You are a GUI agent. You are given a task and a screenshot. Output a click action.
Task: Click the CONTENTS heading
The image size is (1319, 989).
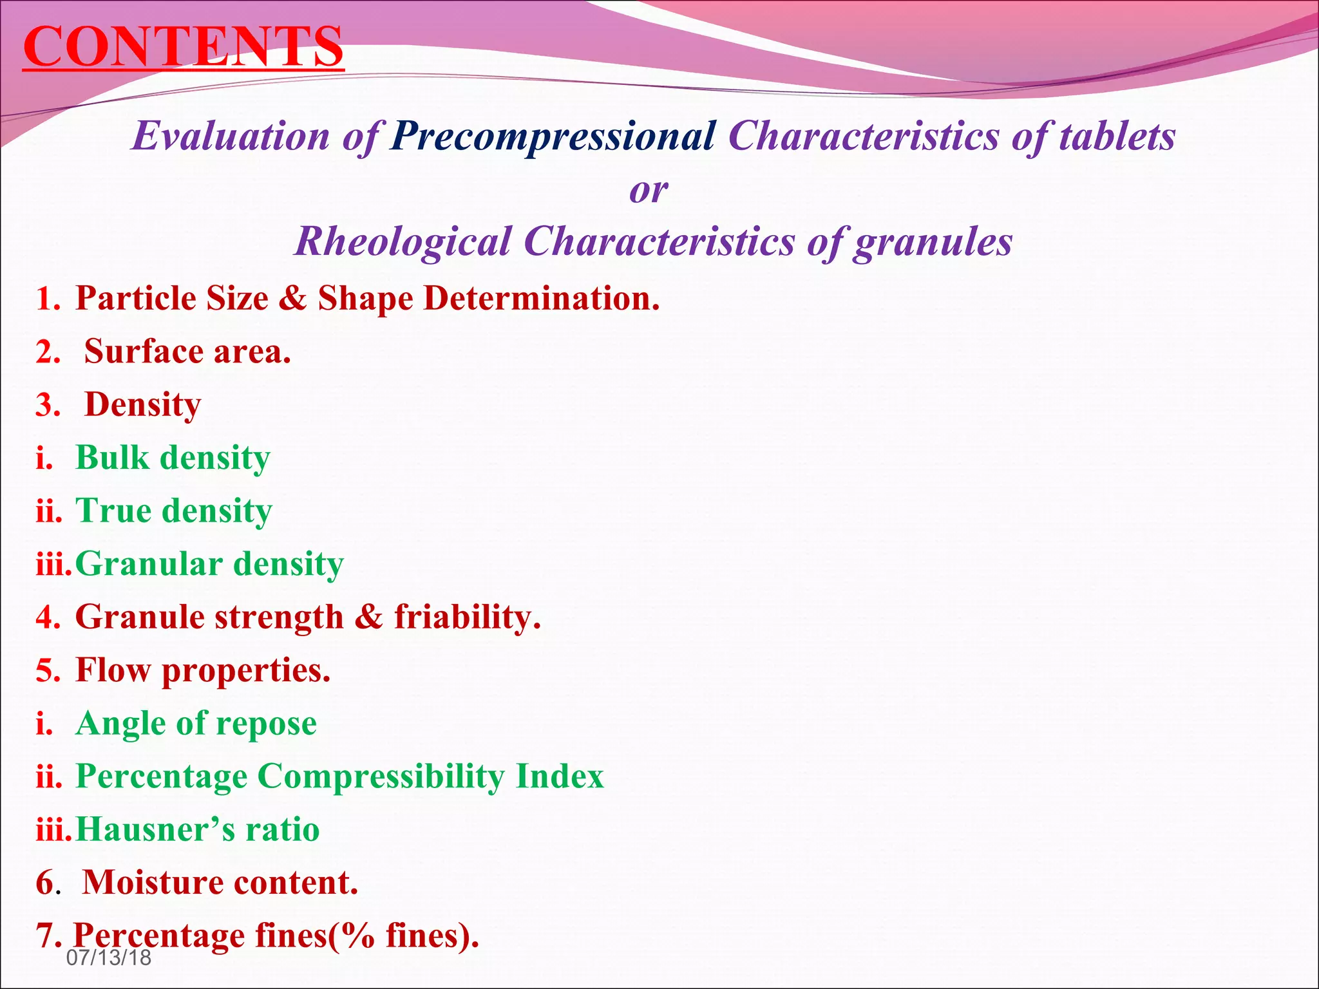coord(183,46)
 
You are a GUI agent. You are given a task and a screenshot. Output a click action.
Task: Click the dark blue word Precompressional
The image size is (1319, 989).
coord(553,136)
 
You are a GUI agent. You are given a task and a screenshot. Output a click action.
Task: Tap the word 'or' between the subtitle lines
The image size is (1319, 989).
coord(649,189)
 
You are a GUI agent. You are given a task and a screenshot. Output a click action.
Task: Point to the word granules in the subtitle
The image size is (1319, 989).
coord(933,241)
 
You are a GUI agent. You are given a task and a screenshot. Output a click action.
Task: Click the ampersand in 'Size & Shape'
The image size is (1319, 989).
coord(293,299)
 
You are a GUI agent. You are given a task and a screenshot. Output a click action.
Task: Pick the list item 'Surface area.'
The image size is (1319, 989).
coord(187,352)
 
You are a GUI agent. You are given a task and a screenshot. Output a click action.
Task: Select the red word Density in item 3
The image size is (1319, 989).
coord(143,405)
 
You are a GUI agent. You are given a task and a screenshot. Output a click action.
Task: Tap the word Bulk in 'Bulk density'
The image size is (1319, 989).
coord(112,458)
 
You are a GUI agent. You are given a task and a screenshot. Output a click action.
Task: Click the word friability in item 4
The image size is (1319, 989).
coord(463,617)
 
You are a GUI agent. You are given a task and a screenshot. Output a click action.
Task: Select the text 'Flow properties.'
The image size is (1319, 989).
coord(203,670)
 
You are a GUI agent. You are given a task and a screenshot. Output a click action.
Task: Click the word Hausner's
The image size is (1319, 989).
coord(155,829)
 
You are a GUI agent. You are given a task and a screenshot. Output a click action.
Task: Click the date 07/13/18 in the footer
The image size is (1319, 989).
coord(109,957)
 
